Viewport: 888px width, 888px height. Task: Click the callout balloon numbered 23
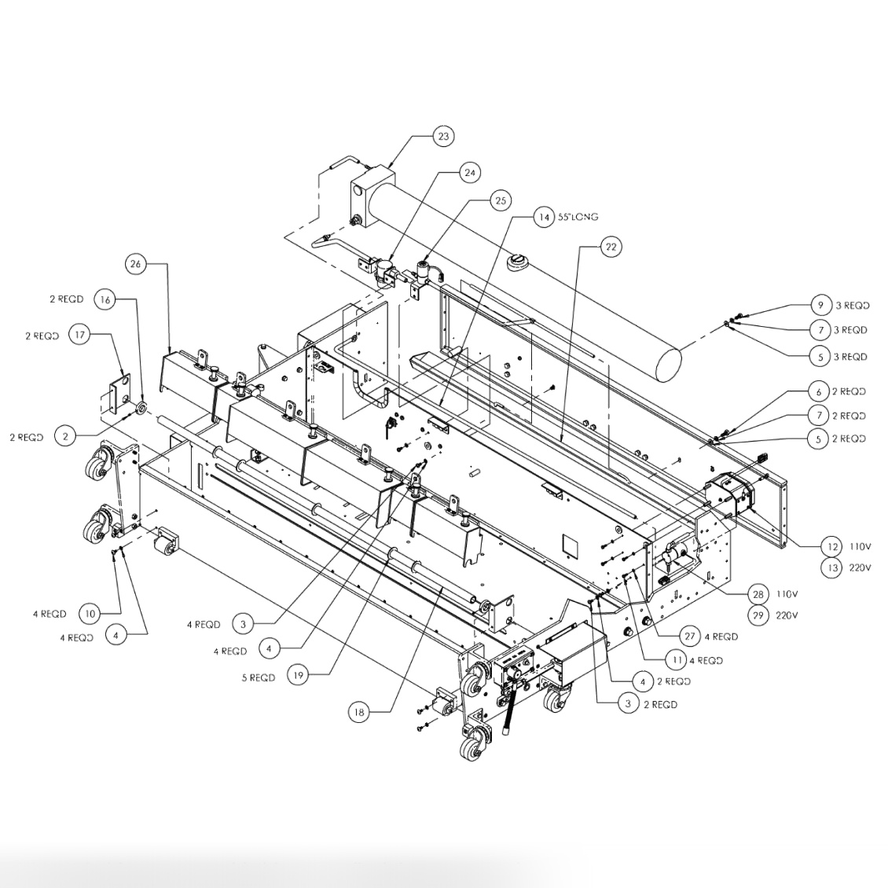tap(444, 137)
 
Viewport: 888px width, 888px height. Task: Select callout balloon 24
tap(469, 172)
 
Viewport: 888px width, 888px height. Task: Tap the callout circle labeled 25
tap(501, 201)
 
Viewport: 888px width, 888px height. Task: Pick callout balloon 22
tap(611, 247)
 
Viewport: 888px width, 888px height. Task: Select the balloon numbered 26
tap(136, 265)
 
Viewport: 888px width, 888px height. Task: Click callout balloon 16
tap(105, 299)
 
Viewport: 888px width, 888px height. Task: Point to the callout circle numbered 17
tap(79, 335)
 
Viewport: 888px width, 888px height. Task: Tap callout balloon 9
tap(820, 305)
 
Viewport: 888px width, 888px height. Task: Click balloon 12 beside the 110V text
tap(830, 546)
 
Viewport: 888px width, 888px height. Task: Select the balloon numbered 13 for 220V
tap(830, 570)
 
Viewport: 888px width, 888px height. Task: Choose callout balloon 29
tap(758, 615)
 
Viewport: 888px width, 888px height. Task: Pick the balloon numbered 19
tap(298, 674)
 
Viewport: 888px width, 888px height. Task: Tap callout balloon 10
tap(90, 613)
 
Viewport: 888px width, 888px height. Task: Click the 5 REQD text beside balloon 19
tap(259, 677)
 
